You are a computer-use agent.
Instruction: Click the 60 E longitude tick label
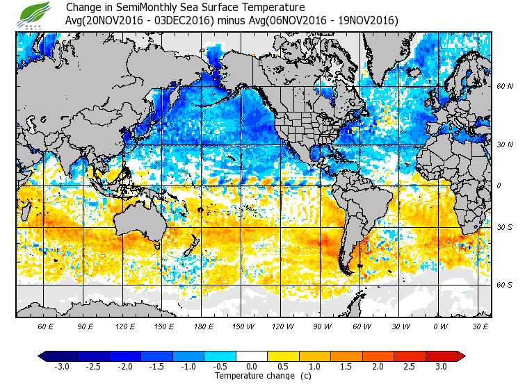46,326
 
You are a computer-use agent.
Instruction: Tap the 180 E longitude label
203,326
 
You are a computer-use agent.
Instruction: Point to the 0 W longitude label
440,326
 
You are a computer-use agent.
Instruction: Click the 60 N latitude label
504,87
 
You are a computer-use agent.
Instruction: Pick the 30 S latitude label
504,228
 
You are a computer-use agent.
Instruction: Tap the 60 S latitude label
504,285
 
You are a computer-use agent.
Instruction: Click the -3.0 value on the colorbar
61,366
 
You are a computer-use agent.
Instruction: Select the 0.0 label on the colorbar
252,366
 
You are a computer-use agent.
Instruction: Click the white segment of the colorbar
252,356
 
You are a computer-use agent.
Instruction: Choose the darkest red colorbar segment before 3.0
442,356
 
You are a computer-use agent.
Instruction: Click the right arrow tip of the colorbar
462,356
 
